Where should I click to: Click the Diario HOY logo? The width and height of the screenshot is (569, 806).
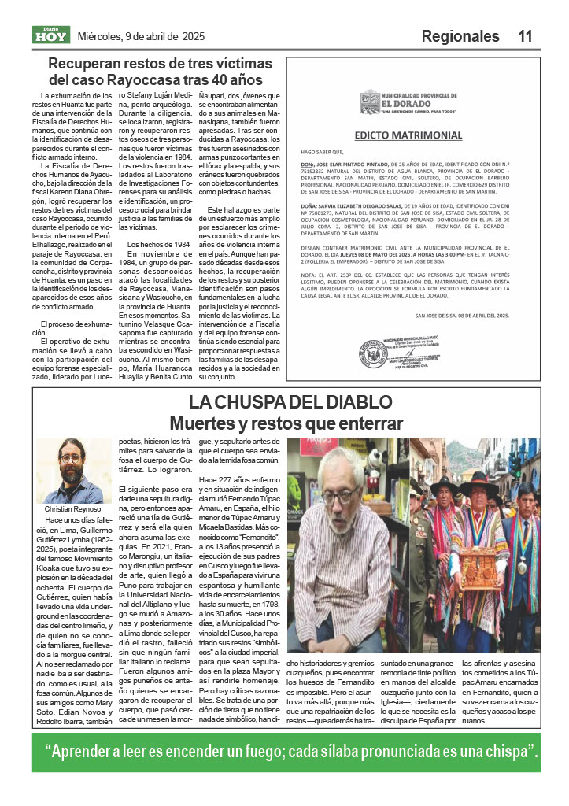coord(51,35)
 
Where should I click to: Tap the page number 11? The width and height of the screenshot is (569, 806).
coord(526,36)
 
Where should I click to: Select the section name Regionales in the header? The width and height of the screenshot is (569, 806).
coord(460,36)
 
